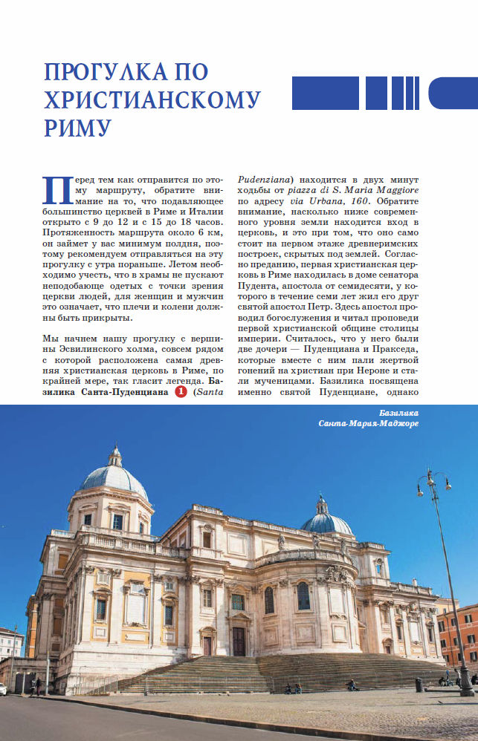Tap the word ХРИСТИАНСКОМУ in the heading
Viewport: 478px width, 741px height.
[x=152, y=99]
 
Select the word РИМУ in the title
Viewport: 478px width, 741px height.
[x=77, y=127]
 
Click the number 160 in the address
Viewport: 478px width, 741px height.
[x=361, y=200]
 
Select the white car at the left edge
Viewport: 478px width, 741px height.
[x=2, y=690]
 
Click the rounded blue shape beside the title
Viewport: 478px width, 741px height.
[x=453, y=93]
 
